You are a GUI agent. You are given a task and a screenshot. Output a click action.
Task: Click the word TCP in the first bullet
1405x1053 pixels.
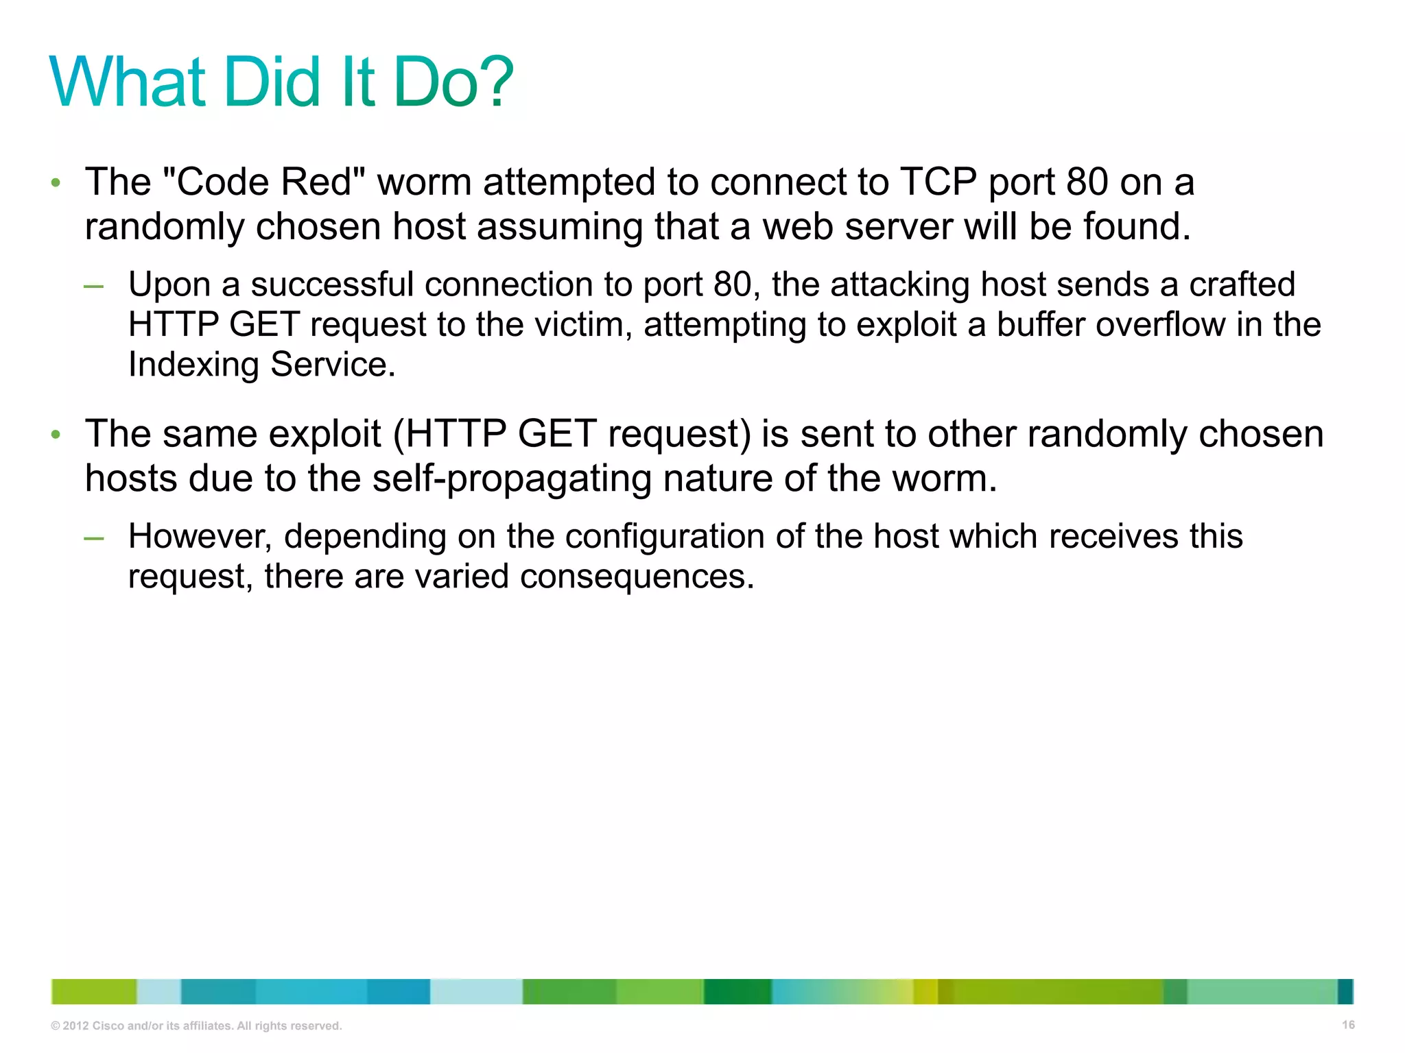tap(938, 182)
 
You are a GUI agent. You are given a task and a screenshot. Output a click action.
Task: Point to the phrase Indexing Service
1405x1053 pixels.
tap(261, 365)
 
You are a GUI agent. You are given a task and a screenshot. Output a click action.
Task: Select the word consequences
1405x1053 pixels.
tap(637, 577)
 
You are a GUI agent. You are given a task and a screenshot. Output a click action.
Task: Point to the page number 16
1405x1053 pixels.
tap(1348, 1025)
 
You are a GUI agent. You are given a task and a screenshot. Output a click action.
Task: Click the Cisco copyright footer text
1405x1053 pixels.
tap(196, 1026)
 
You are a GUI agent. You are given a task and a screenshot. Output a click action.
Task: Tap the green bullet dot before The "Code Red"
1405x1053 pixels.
tap(56, 183)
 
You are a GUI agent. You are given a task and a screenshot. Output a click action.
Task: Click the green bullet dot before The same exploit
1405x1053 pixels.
tap(56, 435)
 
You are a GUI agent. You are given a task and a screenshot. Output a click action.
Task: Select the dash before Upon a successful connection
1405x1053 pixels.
tap(93, 286)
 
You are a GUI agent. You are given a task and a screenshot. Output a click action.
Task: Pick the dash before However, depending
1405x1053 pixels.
tap(93, 537)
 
